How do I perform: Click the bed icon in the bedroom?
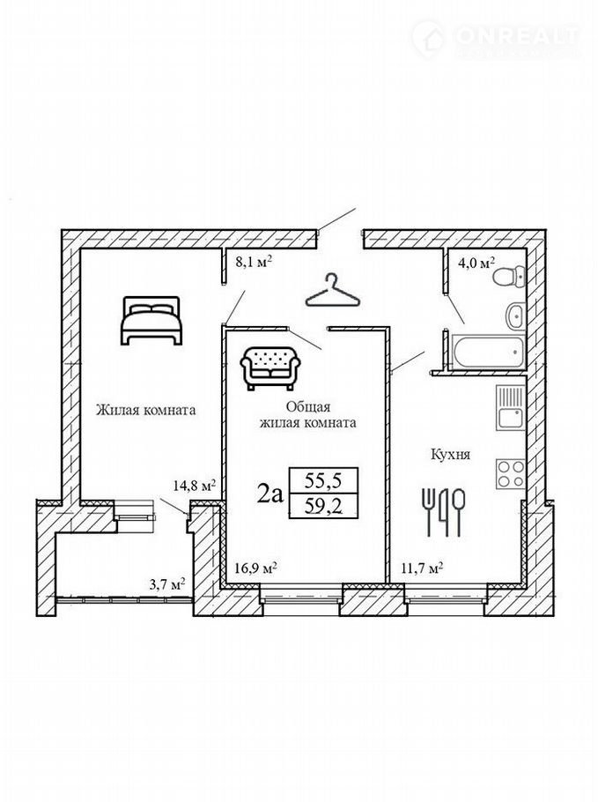tap(151, 320)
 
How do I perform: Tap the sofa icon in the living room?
tap(269, 368)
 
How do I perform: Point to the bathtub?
tap(488, 351)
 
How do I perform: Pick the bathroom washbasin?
tap(515, 316)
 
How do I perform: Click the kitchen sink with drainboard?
tap(510, 407)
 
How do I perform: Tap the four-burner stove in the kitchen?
tap(511, 473)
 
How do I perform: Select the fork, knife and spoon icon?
tap(444, 512)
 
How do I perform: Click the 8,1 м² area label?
tap(253, 263)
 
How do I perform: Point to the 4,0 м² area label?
tap(476, 264)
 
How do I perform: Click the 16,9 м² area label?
tap(256, 568)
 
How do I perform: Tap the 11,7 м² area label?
tap(421, 568)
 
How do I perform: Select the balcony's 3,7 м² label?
tap(166, 584)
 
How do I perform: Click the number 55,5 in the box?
tap(323, 481)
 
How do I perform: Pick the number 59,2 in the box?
tap(323, 507)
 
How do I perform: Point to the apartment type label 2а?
tap(269, 494)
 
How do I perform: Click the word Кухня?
tap(450, 455)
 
